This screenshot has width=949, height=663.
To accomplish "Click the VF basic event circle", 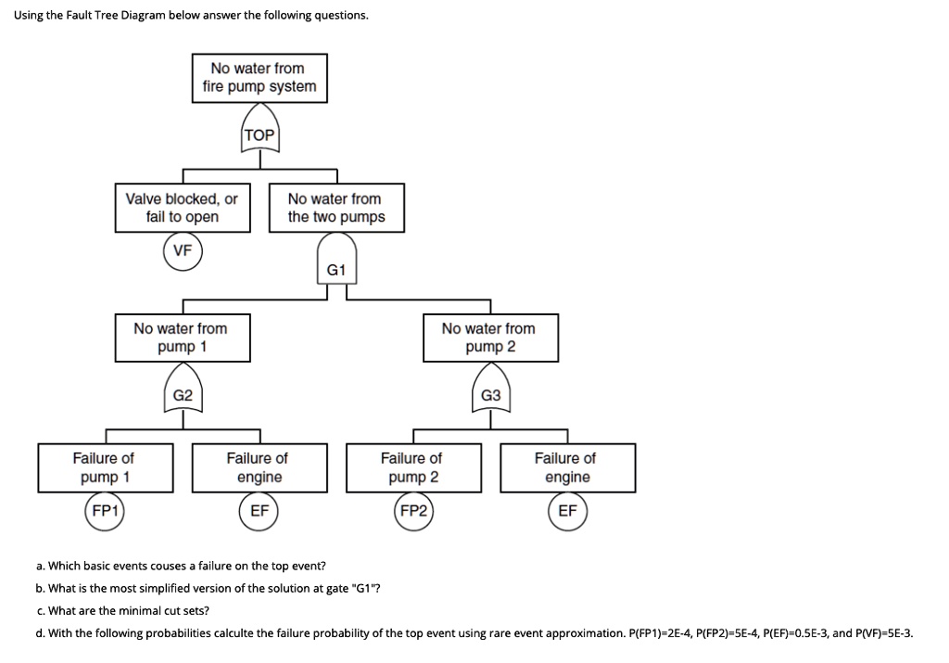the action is click(183, 250).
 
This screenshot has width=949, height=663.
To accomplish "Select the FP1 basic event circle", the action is click(105, 511).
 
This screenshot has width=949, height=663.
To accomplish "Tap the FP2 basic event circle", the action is click(413, 511).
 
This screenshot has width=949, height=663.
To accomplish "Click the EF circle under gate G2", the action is click(259, 511).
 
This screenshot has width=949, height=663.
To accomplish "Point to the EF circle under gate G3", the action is click(568, 511).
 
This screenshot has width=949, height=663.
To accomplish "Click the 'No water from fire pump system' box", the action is click(259, 78).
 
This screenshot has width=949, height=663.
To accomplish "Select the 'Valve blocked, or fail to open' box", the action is click(183, 208).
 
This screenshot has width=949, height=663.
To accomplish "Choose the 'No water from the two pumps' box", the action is click(336, 208).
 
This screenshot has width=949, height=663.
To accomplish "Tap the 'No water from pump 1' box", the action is click(183, 338).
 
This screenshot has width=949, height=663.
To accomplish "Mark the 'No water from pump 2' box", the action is click(491, 338).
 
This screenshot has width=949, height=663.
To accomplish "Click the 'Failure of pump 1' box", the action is click(106, 468).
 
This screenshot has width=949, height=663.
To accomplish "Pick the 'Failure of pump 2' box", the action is click(414, 468).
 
